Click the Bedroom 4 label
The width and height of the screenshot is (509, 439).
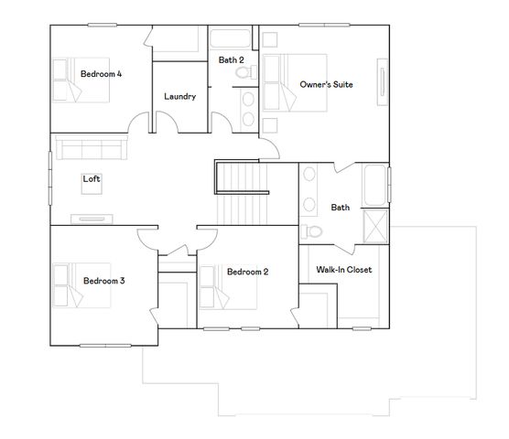click(x=101, y=73)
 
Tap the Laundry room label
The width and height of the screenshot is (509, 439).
click(x=179, y=96)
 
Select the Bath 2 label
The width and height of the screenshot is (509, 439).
click(x=231, y=59)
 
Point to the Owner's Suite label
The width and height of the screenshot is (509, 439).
click(x=327, y=84)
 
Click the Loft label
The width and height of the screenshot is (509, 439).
click(x=92, y=178)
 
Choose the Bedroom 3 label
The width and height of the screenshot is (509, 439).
click(x=103, y=281)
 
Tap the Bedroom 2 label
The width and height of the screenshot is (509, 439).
click(x=247, y=271)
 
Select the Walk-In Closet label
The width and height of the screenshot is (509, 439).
click(x=343, y=270)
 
